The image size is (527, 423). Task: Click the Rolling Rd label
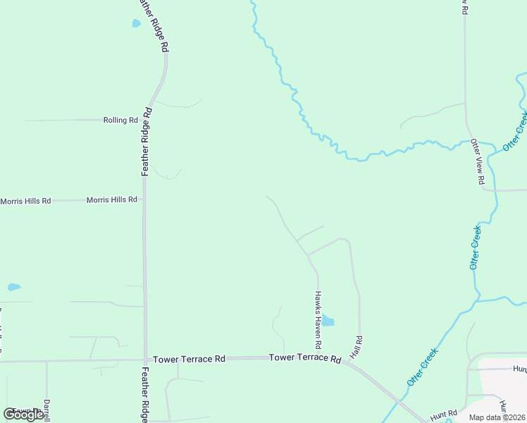click(x=120, y=120)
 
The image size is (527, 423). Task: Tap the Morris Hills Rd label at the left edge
click(x=25, y=201)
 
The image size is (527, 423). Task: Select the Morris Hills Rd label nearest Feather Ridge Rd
click(x=111, y=200)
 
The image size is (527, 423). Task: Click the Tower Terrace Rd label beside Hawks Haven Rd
click(x=305, y=358)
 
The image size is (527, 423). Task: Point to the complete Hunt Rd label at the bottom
click(x=444, y=414)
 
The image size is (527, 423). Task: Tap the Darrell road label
click(x=47, y=411)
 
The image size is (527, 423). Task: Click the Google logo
click(x=23, y=415)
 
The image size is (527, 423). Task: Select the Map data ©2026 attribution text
click(x=497, y=417)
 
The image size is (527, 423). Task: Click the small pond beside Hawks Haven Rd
click(x=328, y=321)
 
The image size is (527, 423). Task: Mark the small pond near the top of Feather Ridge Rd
click(x=136, y=23)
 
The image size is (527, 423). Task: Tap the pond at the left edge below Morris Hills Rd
click(x=14, y=287)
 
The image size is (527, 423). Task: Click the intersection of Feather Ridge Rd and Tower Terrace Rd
click(x=145, y=360)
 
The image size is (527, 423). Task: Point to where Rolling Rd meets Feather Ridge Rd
click(x=149, y=120)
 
